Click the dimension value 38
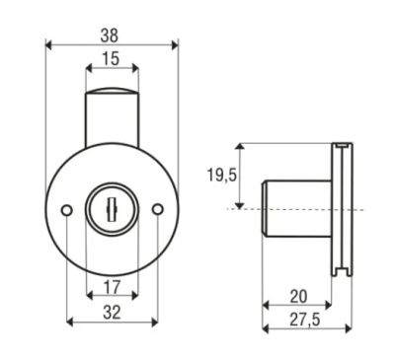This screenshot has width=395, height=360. (109, 36)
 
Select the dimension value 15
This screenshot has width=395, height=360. (111, 59)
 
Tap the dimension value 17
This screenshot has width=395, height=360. (113, 287)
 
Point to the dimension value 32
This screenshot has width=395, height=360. (112, 313)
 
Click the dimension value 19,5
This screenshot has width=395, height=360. (221, 175)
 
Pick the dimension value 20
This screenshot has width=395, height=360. (298, 297)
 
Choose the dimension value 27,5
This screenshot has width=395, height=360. (304, 320)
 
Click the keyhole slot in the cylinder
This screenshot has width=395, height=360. (112, 209)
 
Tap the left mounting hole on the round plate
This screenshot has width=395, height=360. (67, 209)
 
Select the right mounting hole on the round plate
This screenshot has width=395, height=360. (158, 209)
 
